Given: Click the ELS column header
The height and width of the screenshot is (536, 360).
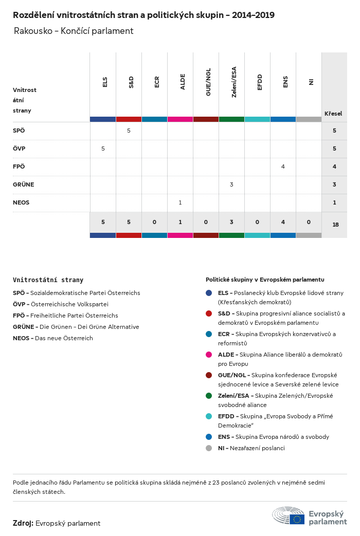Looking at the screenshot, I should [x=105, y=82].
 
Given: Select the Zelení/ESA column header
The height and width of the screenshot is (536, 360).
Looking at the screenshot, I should [x=234, y=82].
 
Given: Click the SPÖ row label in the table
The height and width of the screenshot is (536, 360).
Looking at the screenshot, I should [x=19, y=131].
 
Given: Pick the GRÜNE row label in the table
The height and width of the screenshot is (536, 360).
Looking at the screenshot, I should [x=23, y=184].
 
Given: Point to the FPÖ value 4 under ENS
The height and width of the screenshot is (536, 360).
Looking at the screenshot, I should [x=283, y=167].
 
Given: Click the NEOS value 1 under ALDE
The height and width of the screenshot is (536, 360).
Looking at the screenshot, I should [x=180, y=202].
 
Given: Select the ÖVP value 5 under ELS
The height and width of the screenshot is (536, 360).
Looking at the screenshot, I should [x=103, y=149].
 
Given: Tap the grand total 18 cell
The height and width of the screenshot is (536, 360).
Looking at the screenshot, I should [x=335, y=224].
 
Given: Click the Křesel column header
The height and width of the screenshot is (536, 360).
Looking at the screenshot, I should [x=333, y=114].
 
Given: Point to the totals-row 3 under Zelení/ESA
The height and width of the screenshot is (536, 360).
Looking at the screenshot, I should [x=231, y=222].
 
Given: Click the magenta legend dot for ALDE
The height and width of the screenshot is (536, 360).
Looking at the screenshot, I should [x=209, y=355].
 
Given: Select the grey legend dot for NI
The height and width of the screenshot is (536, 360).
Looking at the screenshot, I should [x=209, y=448].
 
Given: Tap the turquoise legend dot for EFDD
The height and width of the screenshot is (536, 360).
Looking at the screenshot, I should [x=209, y=416].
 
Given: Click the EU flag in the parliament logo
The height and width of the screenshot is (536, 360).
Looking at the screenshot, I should [x=297, y=519].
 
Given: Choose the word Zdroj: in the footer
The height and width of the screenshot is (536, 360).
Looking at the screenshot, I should [x=23, y=523].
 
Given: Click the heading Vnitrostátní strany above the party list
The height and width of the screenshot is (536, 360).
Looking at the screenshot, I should [x=48, y=280].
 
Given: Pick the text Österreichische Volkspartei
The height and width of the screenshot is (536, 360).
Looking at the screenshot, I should [x=69, y=304].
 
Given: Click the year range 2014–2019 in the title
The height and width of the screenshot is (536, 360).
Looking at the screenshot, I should [x=253, y=15].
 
